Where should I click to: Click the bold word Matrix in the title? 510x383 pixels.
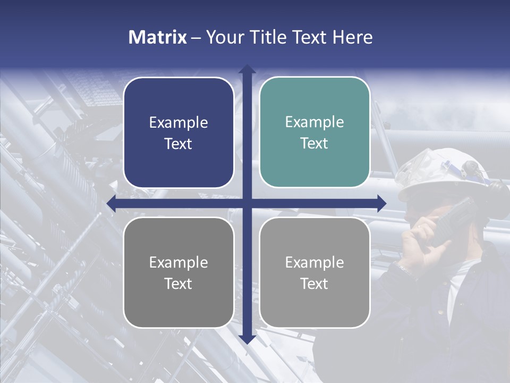point(157,37)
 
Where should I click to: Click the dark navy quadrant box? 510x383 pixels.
point(178,132)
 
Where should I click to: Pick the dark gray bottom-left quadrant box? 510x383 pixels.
point(178,272)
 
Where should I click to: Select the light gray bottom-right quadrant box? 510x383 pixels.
point(314,272)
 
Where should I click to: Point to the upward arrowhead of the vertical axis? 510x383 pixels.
point(246,69)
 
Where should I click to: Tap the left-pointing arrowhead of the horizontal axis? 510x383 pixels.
point(112,203)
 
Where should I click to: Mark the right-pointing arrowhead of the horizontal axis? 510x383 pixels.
point(381,203)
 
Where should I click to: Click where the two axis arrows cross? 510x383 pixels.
point(246,203)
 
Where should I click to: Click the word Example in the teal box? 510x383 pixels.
point(314,122)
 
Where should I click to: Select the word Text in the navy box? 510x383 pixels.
point(178,144)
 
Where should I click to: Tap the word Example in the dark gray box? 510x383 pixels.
point(178,262)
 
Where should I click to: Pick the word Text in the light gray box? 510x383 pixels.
point(314,284)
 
